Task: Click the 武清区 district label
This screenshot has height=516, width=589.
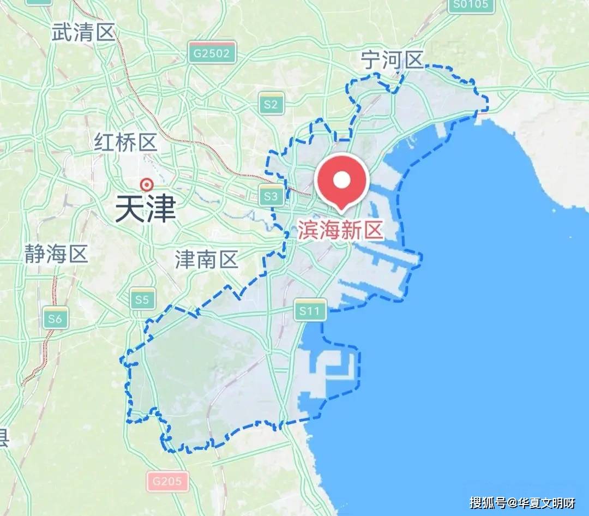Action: pos(83,33)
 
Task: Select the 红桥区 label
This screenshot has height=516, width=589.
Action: pos(125,143)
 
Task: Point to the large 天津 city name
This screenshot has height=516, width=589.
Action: pos(145,209)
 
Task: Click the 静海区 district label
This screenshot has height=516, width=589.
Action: pos(56,254)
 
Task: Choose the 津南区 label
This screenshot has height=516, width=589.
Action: pos(207,260)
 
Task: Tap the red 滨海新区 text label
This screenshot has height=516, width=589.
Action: pos(341,231)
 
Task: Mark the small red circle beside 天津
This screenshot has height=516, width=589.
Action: pos(146,184)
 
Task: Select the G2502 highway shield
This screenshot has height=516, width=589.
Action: pos(213,53)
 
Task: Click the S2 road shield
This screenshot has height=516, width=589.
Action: pos(271,104)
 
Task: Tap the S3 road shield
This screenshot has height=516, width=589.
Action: pos(271,196)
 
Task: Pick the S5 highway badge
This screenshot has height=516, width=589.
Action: pos(142,299)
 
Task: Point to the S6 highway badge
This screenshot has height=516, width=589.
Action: pos(55,319)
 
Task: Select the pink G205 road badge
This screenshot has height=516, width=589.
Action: pos(167,482)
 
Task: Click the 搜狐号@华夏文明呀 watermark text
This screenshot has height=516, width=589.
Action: pos(522,502)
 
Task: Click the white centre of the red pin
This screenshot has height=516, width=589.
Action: pos(341,179)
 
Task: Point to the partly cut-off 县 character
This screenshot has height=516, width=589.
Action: pos(3,437)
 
